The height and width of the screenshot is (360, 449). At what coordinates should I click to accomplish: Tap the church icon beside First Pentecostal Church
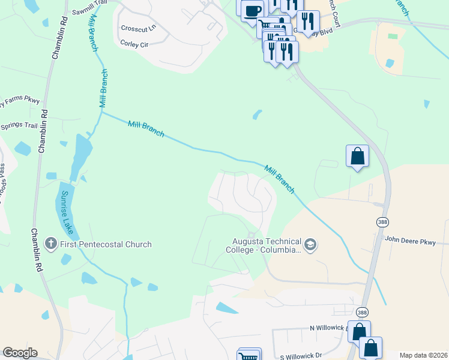pyautogui.click(x=51, y=244)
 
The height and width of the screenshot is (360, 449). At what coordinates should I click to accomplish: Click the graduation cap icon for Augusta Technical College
pyautogui.click(x=310, y=244)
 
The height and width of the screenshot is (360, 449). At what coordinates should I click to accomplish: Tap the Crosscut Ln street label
pyautogui.click(x=138, y=28)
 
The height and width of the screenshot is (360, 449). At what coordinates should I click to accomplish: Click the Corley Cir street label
pyautogui.click(x=134, y=44)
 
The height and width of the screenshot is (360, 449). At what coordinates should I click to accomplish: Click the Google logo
pyautogui.click(x=20, y=353)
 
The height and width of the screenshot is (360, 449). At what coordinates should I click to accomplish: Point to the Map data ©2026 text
pyautogui.click(x=423, y=355)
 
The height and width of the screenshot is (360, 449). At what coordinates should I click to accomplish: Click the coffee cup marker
pyautogui.click(x=253, y=10)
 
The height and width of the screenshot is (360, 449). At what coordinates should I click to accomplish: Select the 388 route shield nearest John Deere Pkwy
pyautogui.click(x=382, y=222)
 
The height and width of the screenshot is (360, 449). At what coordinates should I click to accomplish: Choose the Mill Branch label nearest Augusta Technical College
pyautogui.click(x=280, y=179)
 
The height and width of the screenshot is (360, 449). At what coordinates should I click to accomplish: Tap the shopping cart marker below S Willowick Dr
pyautogui.click(x=249, y=357)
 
